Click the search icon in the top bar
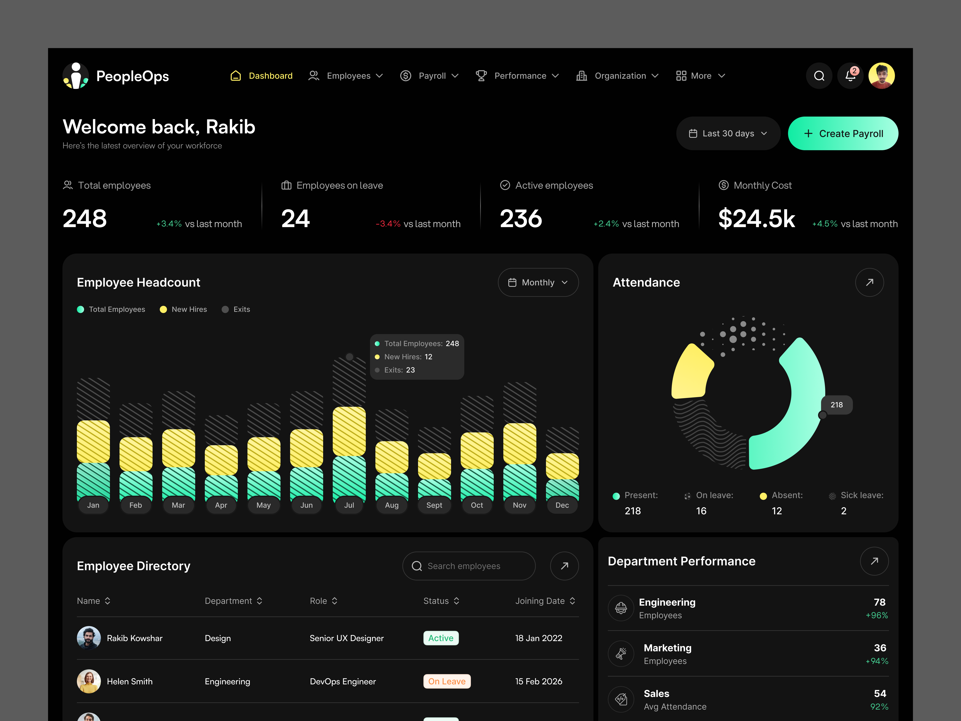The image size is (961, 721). point(819,76)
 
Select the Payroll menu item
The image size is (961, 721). point(429,76)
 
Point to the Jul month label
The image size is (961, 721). point(349,505)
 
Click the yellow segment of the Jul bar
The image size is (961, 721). point(349,431)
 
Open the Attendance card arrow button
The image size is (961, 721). point(869,282)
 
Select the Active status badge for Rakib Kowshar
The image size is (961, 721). point(440,638)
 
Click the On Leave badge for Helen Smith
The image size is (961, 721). point(447,681)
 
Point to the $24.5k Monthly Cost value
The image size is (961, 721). point(756,219)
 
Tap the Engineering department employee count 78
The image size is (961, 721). point(879,602)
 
